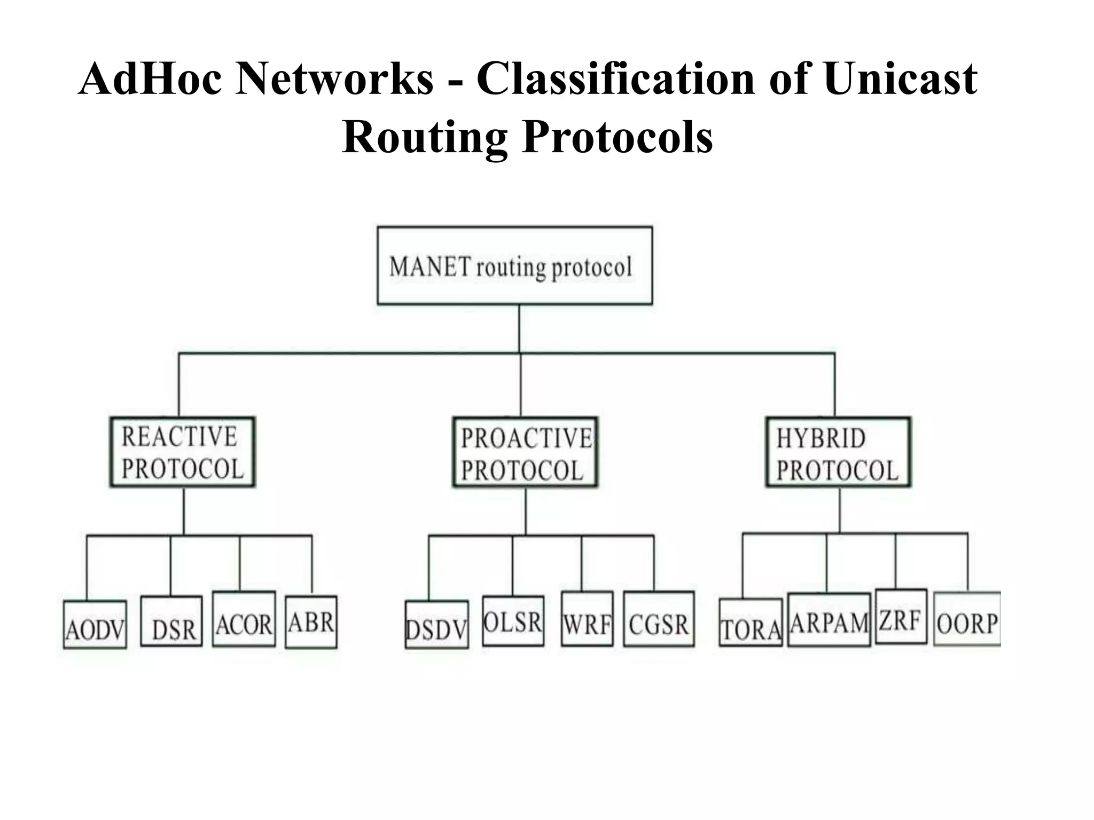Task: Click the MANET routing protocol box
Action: pyautogui.click(x=514, y=265)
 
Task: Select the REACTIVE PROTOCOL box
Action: pyautogui.click(x=183, y=452)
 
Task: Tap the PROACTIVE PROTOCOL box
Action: pyautogui.click(x=526, y=453)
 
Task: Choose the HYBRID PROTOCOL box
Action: pyautogui.click(x=838, y=453)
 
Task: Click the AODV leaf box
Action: pyautogui.click(x=95, y=625)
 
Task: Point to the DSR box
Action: pyautogui.click(x=171, y=621)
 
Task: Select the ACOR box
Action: pyautogui.click(x=244, y=619)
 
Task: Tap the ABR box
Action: pyautogui.click(x=311, y=622)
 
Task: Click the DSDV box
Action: pyautogui.click(x=437, y=625)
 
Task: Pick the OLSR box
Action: pyautogui.click(x=513, y=621)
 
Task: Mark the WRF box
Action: pyautogui.click(x=587, y=619)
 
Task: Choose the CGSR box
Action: pyautogui.click(x=659, y=619)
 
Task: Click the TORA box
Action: pyautogui.click(x=751, y=623)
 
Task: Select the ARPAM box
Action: pyautogui.click(x=829, y=620)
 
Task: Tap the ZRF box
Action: pyautogui.click(x=901, y=617)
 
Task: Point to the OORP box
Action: pyautogui.click(x=967, y=619)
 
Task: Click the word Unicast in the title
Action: pyautogui.click(x=901, y=79)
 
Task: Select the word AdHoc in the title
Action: pyautogui.click(x=150, y=79)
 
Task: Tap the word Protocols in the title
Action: pyautogui.click(x=618, y=137)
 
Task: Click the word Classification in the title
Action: pyautogui.click(x=615, y=79)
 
